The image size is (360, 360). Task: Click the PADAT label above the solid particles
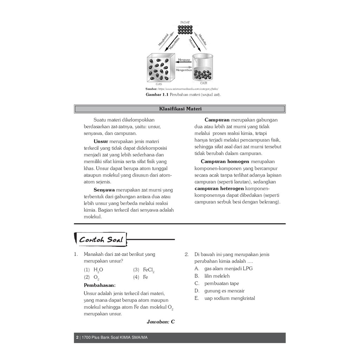185,22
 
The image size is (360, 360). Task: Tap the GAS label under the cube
159,84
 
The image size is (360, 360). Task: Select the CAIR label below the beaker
204,83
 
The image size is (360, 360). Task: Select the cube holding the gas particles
160,67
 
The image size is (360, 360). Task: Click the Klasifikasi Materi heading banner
180,109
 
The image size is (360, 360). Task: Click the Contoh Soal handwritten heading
101,240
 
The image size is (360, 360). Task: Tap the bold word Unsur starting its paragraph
101,141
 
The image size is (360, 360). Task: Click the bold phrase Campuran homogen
225,161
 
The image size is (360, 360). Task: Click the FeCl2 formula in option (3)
148,270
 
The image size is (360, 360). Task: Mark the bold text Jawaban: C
161,321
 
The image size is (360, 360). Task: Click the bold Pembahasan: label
99,285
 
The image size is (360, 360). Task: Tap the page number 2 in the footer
77,338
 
